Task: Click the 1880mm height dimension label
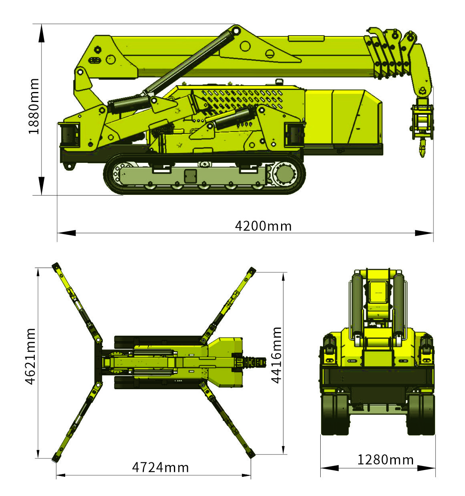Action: [34, 106]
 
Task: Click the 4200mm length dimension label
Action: [263, 226]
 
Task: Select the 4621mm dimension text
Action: [30, 357]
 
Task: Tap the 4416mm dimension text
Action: [276, 355]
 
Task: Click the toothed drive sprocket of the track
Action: [285, 174]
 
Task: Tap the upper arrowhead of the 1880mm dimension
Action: [42, 34]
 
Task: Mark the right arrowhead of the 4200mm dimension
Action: [424, 233]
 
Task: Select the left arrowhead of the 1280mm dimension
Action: [329, 468]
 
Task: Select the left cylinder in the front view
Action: [357, 306]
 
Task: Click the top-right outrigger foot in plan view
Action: [251, 271]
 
